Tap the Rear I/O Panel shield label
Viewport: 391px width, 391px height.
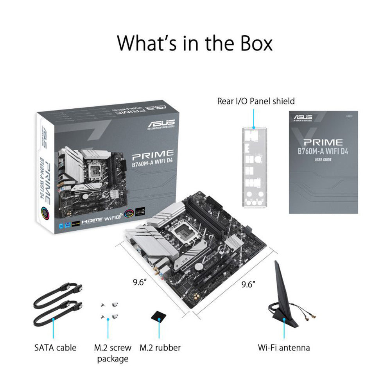click(256, 101)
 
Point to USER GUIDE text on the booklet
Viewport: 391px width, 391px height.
click(323, 160)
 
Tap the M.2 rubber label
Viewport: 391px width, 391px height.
click(160, 347)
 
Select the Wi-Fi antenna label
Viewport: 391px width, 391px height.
click(284, 347)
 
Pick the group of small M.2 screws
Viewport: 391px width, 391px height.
click(108, 312)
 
